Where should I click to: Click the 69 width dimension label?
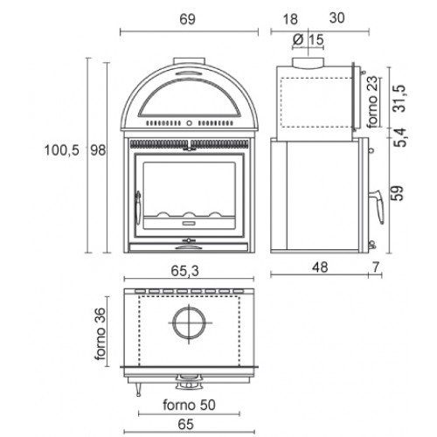(x=187, y=19)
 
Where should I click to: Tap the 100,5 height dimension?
(x=62, y=150)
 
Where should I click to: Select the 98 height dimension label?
(x=98, y=150)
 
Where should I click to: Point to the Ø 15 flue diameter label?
(x=308, y=39)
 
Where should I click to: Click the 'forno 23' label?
(x=372, y=102)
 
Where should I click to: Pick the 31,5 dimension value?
(x=399, y=99)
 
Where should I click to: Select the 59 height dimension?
(x=398, y=193)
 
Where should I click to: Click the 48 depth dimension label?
(x=320, y=267)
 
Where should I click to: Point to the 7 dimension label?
(x=376, y=267)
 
